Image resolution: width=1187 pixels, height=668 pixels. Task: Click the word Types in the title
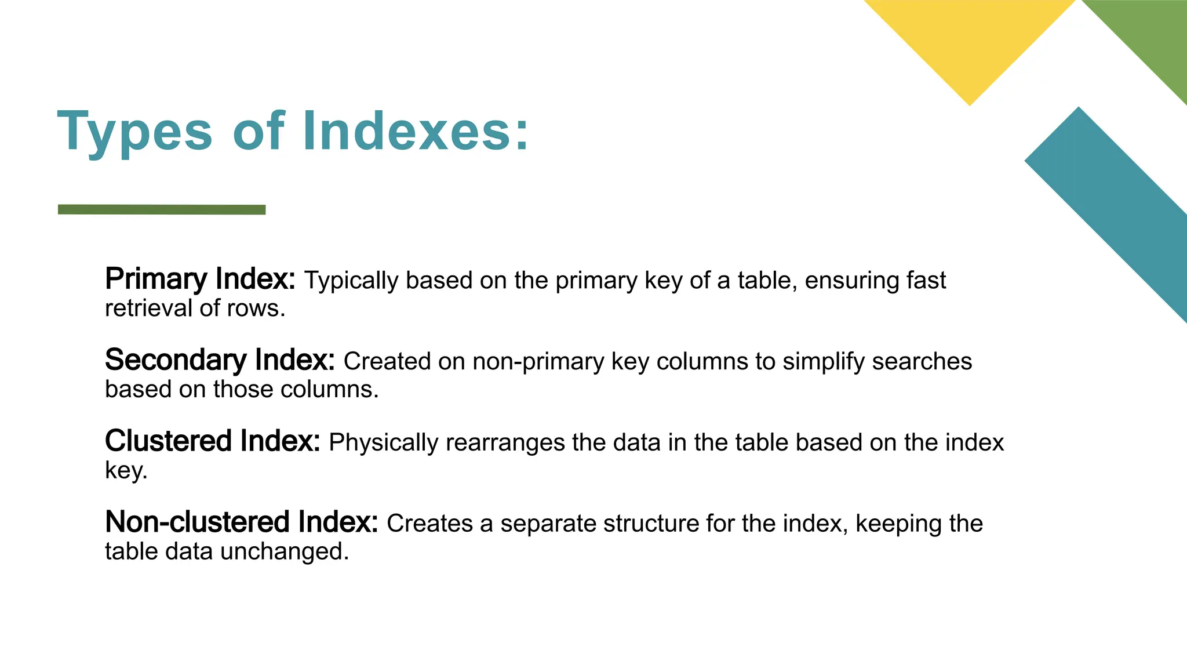[x=135, y=132]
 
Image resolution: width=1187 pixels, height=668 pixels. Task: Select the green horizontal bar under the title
[x=162, y=209]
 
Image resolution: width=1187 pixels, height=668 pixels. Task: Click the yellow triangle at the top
[x=969, y=41]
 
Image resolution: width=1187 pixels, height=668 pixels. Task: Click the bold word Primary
[x=155, y=279]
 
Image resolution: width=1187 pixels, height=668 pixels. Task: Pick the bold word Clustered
[x=169, y=441]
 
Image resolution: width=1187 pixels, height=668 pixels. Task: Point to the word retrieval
[x=148, y=308]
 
